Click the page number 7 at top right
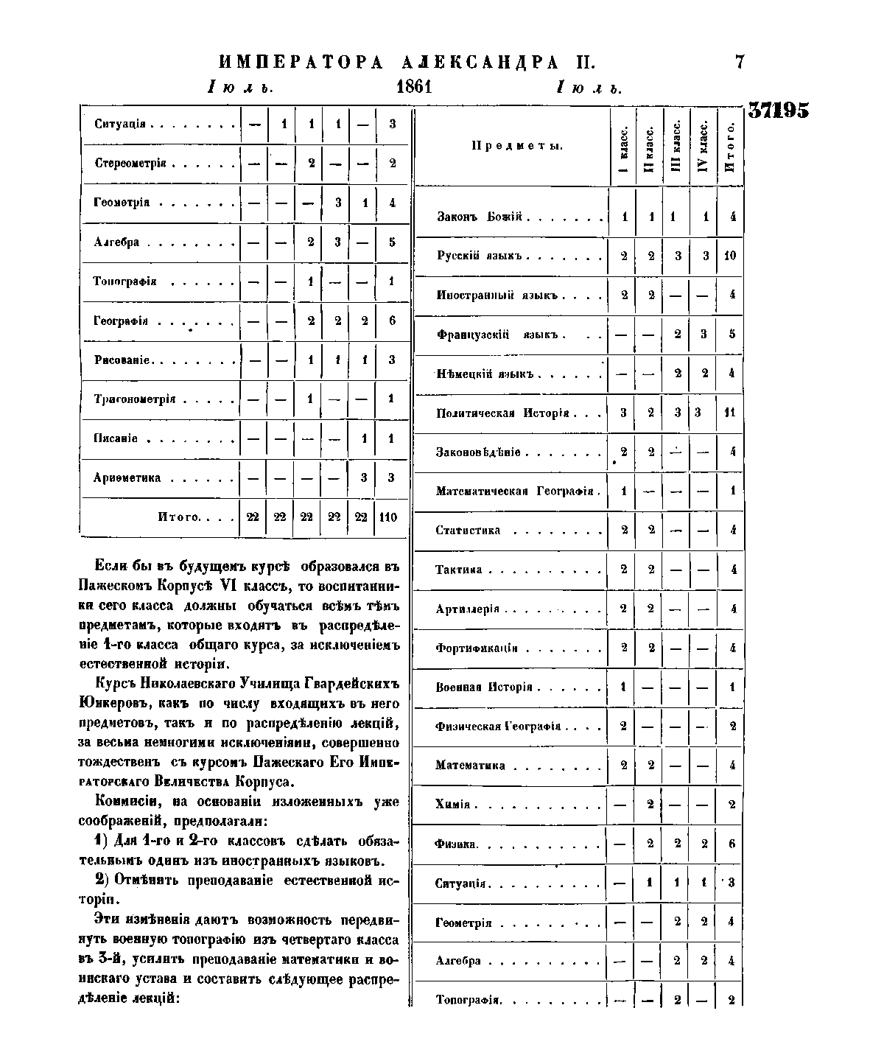(740, 62)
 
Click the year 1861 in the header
(413, 87)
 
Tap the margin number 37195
(779, 111)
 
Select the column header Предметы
(517, 146)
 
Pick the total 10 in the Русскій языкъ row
(731, 256)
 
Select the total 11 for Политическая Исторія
(730, 413)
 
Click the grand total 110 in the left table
(388, 517)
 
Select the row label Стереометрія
(130, 163)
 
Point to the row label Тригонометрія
(134, 399)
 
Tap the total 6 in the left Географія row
(392, 321)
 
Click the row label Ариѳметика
(127, 478)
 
